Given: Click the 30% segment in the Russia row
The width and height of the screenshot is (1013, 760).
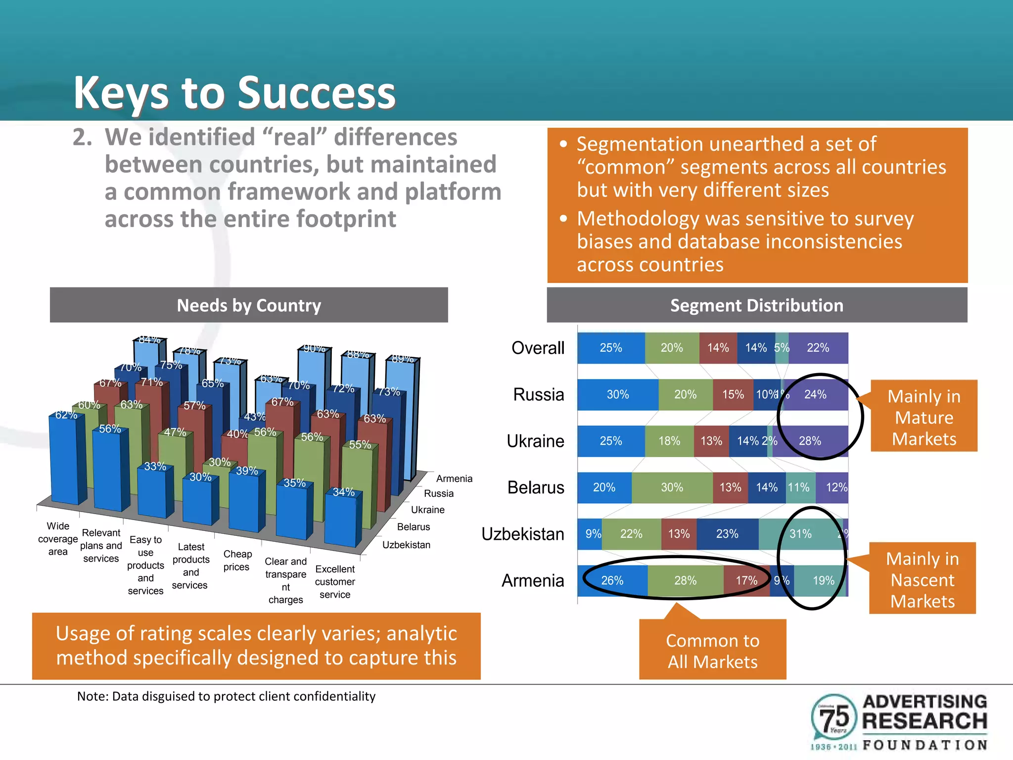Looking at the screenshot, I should [x=617, y=394].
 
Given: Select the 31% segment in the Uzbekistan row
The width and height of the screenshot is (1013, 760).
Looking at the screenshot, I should [x=800, y=534].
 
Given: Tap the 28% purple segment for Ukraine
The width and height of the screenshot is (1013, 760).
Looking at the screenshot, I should [x=810, y=441].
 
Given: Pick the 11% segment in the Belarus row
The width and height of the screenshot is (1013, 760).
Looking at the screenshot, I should [x=798, y=487].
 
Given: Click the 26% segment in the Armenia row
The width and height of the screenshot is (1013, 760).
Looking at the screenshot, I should [x=612, y=580].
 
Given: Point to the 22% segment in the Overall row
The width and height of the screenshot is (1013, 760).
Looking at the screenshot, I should [x=818, y=348].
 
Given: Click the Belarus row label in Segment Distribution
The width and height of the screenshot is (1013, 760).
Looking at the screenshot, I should [x=536, y=487].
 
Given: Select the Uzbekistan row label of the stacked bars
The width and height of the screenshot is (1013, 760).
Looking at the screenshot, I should [x=523, y=534].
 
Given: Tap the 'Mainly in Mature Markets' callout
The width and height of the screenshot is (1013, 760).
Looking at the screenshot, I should [x=923, y=417].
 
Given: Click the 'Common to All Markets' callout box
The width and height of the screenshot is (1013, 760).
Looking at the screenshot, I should [x=712, y=651].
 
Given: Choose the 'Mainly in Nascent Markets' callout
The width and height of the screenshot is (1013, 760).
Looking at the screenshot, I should [x=922, y=579].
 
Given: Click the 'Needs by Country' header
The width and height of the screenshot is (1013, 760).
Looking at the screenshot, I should [x=249, y=305].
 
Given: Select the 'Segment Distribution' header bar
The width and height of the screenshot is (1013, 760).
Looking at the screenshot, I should [x=756, y=305].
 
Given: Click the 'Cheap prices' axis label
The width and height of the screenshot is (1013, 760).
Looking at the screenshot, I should [x=237, y=561].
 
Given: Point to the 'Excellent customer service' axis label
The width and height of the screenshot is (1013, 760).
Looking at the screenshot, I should [x=335, y=582].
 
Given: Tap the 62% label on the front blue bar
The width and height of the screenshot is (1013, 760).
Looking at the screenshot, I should [x=66, y=415].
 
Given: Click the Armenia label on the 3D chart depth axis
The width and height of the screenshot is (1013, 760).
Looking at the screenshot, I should [x=454, y=478].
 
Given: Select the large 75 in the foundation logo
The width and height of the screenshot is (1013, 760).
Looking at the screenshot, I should [x=834, y=717].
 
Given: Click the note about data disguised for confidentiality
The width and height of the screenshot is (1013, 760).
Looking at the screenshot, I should [x=226, y=696].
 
